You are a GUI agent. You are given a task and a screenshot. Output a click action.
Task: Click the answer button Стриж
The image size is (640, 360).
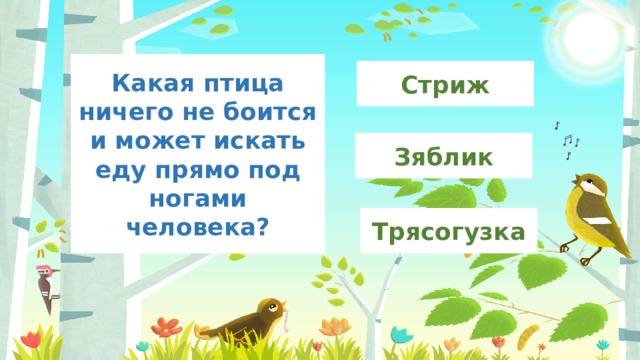pos(445,84)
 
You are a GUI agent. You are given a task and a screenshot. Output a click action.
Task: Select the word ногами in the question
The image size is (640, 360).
pos(198,197)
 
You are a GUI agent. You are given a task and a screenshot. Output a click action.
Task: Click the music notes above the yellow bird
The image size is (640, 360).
pos(566,140)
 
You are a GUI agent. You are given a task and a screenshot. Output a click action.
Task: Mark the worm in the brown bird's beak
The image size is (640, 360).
pos(290,321)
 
